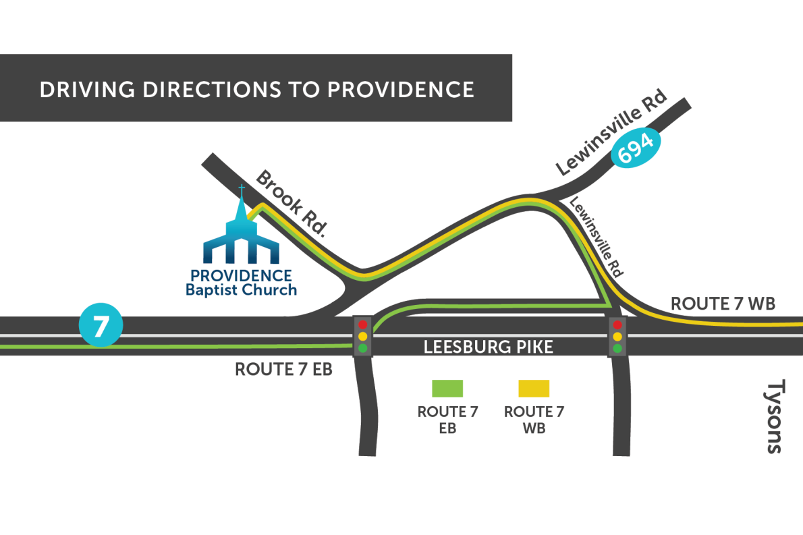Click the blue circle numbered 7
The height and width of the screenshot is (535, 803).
pos(101,325)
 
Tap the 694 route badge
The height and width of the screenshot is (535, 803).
pos(636,148)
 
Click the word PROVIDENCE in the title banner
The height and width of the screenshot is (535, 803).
pos(400,90)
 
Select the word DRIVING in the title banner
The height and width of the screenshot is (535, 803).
pos(87,90)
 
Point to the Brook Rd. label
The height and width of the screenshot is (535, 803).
pos(291,203)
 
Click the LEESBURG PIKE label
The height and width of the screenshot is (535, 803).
pos(488,347)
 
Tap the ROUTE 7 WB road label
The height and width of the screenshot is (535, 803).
pos(723,304)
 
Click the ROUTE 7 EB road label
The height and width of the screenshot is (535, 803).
pos(283,369)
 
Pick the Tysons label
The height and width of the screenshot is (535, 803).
pos(775,416)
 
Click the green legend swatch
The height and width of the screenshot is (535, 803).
pos(447,389)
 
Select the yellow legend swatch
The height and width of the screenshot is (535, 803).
pos(534,389)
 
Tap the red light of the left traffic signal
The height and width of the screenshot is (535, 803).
pos(363,325)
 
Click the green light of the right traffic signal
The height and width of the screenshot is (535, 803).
pos(617,348)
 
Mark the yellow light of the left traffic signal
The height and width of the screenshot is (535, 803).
pos(363,337)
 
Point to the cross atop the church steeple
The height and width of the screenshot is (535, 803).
pos(242,189)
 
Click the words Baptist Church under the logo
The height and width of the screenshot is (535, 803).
pos(241,290)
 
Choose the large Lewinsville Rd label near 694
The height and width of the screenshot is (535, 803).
pos(611,132)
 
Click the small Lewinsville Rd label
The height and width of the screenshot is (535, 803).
pos(596,237)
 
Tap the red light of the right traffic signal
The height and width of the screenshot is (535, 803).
pos(617,325)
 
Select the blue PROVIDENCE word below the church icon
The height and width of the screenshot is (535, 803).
pos(241,276)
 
